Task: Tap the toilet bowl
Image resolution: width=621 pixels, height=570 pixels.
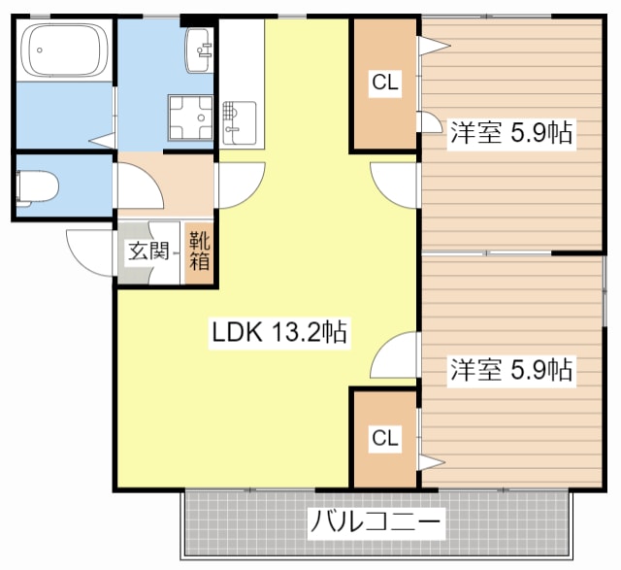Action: (x=37, y=184)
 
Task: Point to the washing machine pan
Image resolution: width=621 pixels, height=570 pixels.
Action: (x=191, y=117)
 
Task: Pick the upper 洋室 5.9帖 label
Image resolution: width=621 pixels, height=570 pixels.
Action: (x=510, y=134)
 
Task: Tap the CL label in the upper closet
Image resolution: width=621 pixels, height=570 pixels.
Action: (x=385, y=84)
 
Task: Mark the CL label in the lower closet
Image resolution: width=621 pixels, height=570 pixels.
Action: (x=385, y=438)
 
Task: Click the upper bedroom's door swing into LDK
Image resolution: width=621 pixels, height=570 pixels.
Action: (x=393, y=182)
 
